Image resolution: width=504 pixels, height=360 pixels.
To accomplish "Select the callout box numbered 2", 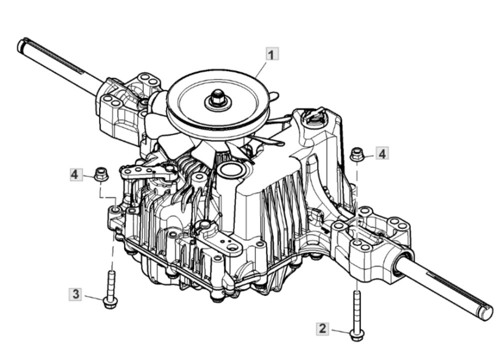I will [x=323, y=328].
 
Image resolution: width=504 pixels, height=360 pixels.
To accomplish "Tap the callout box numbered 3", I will [x=75, y=294].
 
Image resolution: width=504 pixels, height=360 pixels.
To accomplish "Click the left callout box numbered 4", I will [x=75, y=174].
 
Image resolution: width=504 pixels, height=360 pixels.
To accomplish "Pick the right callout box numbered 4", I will [x=382, y=153].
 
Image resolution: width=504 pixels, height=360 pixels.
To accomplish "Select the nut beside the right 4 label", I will [x=356, y=154].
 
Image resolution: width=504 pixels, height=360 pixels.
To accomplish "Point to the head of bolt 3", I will [x=109, y=302].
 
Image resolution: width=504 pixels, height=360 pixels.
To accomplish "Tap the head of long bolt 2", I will [x=357, y=334].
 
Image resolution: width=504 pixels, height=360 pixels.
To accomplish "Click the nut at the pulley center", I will [x=218, y=97].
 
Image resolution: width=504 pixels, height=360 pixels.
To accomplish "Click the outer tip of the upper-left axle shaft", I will [x=21, y=45].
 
